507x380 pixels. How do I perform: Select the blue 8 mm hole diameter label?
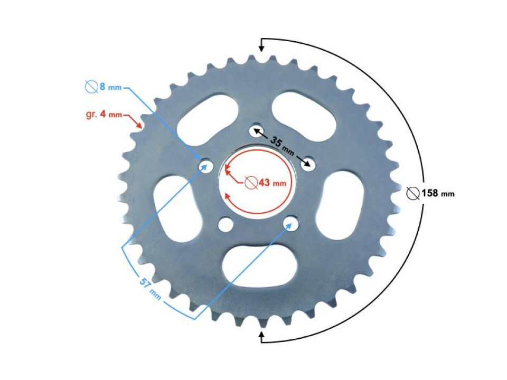104,86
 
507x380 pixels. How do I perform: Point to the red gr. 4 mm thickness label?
104,114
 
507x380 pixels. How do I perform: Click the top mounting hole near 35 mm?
256,130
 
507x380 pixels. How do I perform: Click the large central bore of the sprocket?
256,182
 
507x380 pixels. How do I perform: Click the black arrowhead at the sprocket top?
261,50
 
